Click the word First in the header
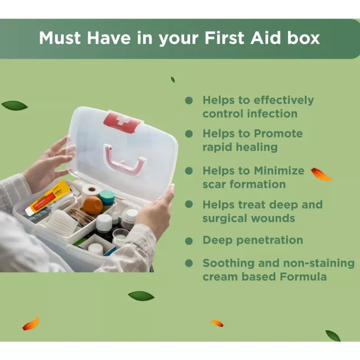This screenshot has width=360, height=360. click(x=225, y=38)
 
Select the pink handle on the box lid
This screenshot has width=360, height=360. click(x=124, y=160)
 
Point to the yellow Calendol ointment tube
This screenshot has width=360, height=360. click(x=48, y=198)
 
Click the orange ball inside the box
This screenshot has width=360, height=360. click(x=93, y=205)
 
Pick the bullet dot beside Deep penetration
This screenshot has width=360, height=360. click(x=189, y=241)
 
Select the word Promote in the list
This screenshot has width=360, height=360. click(x=278, y=133)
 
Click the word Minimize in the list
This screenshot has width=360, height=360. click(x=279, y=171)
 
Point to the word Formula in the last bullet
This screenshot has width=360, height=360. click(x=303, y=277)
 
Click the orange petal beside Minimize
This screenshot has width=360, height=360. click(x=321, y=174)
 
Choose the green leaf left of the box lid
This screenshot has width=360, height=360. click(x=14, y=106)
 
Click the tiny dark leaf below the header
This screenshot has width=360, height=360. click(x=173, y=80)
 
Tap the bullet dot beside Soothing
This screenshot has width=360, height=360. click(x=189, y=263)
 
